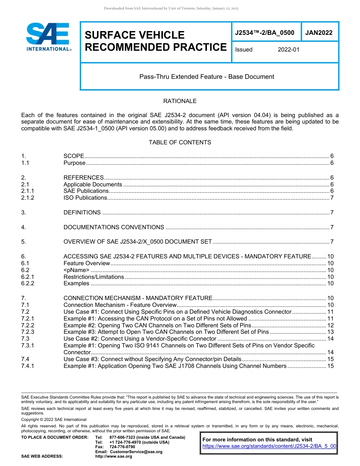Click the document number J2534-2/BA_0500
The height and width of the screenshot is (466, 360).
point(265,33)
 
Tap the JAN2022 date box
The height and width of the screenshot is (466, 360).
point(319,33)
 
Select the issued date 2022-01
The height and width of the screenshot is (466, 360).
point(288,50)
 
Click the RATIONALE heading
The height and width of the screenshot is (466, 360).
point(180,101)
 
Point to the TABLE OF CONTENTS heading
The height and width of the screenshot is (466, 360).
point(180,142)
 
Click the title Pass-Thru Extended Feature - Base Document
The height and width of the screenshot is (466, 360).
point(207,77)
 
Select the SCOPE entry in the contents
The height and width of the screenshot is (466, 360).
point(74,156)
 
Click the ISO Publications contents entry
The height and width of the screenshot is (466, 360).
point(85,198)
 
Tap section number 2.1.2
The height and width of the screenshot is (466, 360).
point(28,198)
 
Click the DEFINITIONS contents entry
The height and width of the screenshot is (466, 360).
point(82,213)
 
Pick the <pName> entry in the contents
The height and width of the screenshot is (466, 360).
point(77,270)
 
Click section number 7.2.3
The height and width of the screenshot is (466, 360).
point(28,332)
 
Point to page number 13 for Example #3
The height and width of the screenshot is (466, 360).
point(330,332)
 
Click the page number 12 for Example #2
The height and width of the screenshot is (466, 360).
point(330,325)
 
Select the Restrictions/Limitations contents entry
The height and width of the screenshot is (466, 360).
point(94,277)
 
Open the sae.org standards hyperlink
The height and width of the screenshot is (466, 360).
point(269,446)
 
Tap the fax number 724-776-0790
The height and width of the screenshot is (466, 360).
point(122,447)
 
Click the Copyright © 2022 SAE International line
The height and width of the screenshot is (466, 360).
point(54,419)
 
